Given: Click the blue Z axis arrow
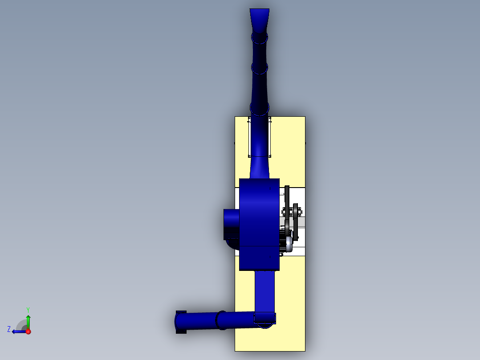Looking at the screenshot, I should tap(18, 331).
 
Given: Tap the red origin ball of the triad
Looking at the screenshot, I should tap(28, 331).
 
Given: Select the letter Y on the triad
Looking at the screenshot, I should tap(28, 309).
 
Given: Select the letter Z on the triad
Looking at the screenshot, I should tap(9, 329).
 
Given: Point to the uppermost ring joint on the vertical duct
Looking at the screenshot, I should tap(260, 37).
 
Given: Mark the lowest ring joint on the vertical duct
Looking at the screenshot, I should tap(260, 108).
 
